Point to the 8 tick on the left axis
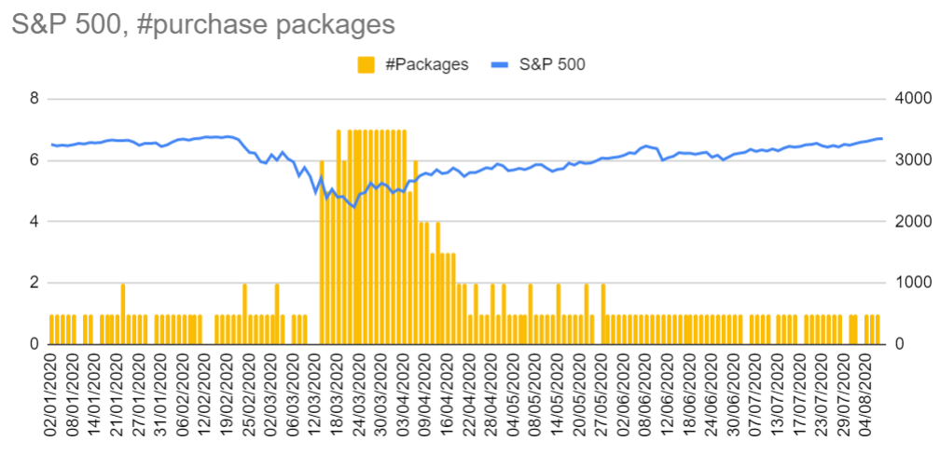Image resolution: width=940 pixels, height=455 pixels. pyautogui.click(x=35, y=99)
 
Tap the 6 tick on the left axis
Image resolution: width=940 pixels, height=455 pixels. pyautogui.click(x=35, y=160)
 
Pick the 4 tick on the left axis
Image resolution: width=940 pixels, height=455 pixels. pyautogui.click(x=35, y=222)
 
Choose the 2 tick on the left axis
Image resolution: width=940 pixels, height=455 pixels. pyautogui.click(x=35, y=283)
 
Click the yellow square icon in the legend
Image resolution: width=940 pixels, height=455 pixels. pyautogui.click(x=366, y=63)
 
